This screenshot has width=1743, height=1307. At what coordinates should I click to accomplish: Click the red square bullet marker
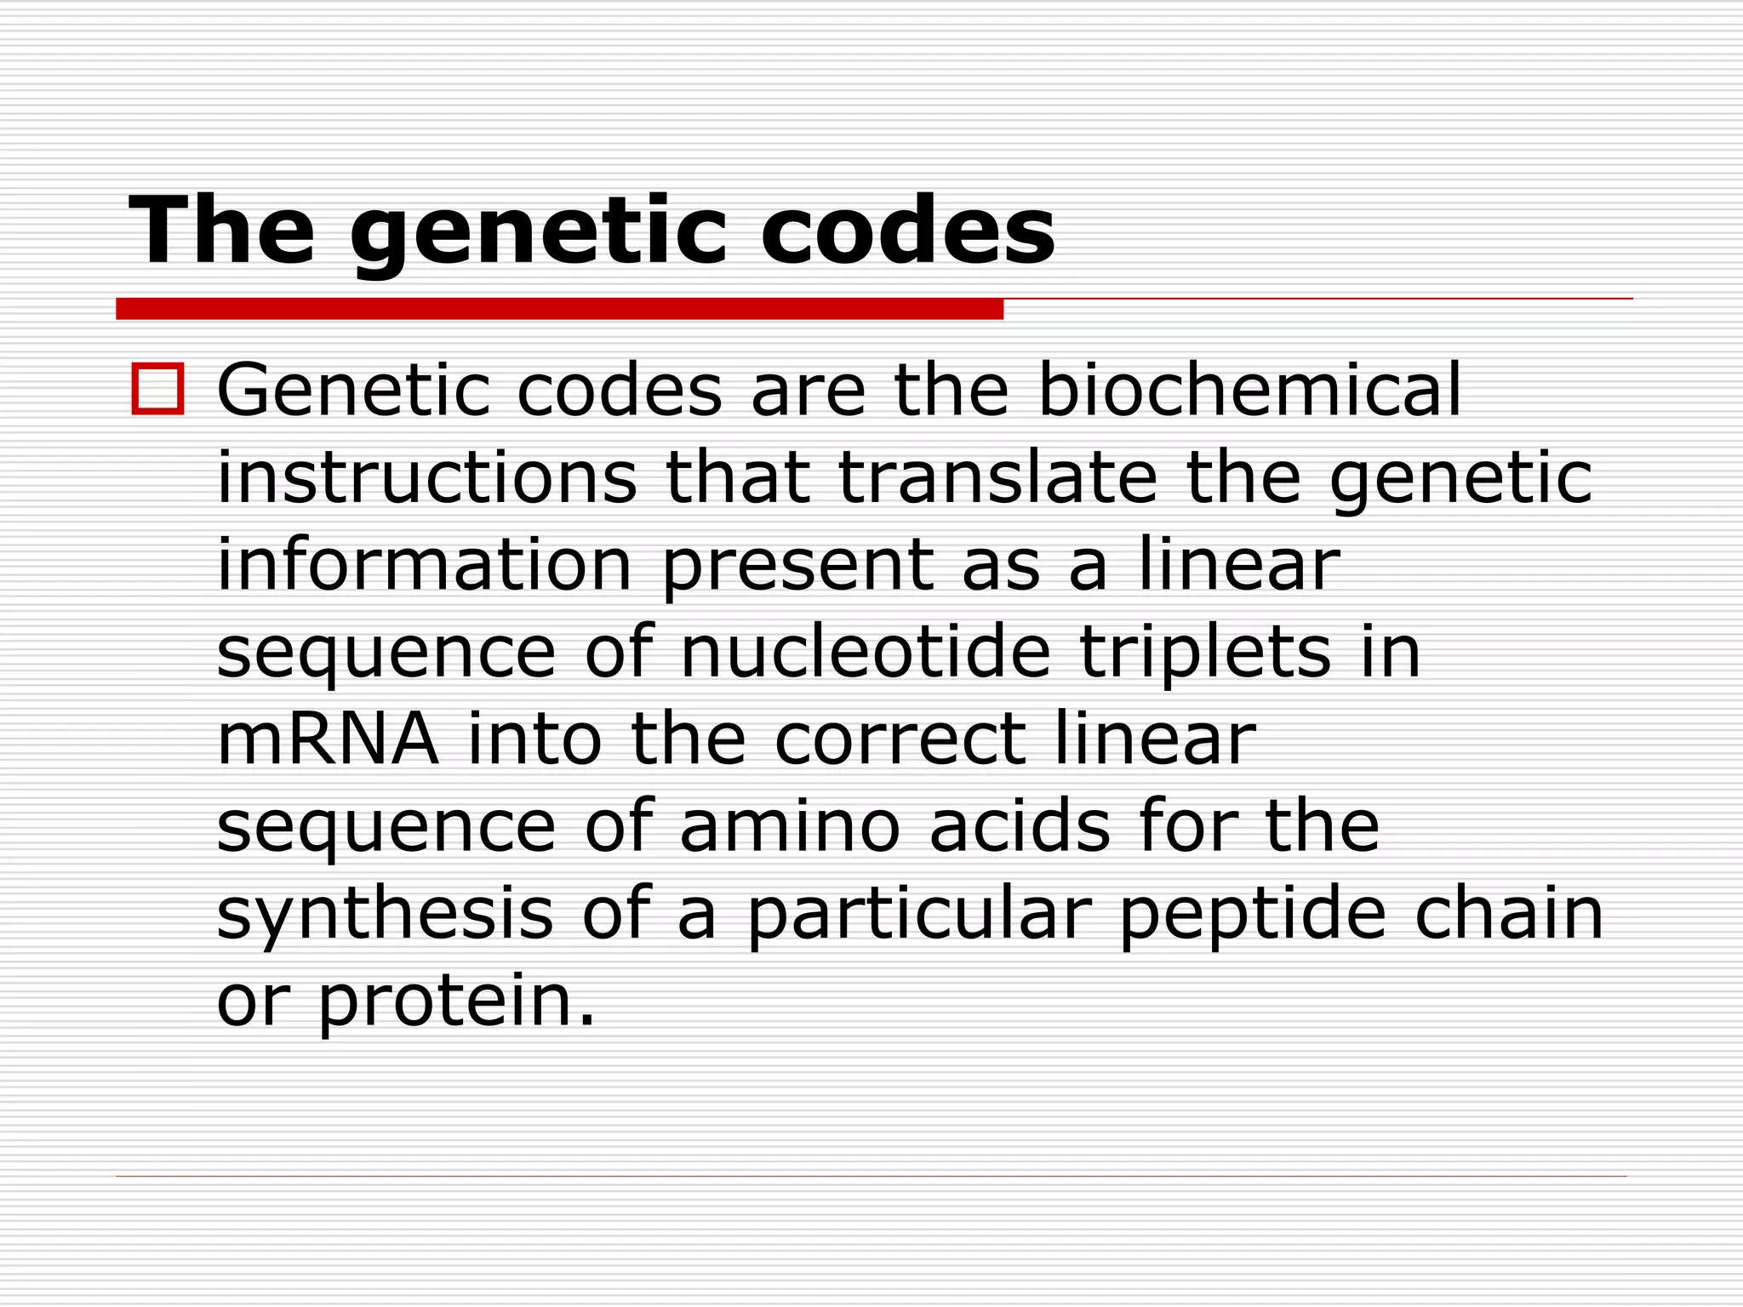[157, 389]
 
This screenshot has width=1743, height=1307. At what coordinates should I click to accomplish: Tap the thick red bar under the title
[559, 309]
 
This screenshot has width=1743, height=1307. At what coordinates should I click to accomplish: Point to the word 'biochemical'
[1249, 391]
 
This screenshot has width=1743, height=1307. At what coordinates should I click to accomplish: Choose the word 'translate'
[998, 477]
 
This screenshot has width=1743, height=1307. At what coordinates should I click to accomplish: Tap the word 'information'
[425, 565]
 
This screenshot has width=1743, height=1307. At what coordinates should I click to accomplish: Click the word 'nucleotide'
[866, 653]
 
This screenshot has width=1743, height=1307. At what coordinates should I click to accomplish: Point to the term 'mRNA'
[328, 740]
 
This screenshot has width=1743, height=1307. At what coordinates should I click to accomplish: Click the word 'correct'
[900, 740]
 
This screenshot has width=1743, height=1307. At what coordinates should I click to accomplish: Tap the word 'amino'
[790, 827]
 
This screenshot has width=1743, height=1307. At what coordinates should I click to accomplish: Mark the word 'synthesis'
[386, 915]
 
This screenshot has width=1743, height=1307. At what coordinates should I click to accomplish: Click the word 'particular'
[918, 915]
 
